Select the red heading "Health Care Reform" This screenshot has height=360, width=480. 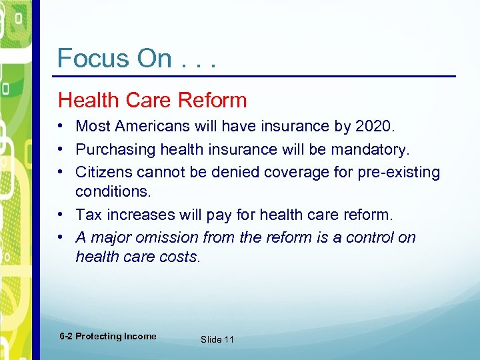(152, 101)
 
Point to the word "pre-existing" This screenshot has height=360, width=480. (401, 173)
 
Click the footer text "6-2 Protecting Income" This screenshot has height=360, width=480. (107, 337)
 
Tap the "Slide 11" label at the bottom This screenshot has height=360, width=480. (217, 339)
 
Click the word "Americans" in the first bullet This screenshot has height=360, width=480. (152, 126)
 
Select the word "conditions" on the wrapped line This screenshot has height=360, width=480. (112, 191)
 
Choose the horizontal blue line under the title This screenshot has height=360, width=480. (257, 77)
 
